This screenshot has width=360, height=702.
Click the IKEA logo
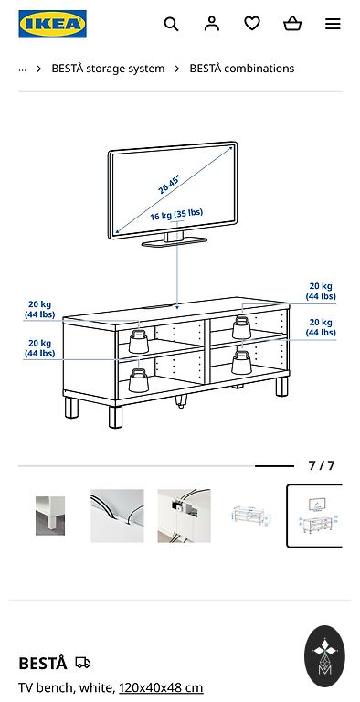coord(52,24)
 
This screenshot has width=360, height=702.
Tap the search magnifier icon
coord(171,24)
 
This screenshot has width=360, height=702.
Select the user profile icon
coord(212,23)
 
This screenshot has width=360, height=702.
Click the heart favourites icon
coord(252,23)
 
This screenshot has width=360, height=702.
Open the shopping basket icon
coord(292,23)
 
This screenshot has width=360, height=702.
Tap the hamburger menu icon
coord(333,24)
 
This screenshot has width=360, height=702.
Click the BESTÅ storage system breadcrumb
coord(108,69)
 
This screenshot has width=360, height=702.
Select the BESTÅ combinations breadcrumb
coord(242,69)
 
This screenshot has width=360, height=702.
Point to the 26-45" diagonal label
coord(169,185)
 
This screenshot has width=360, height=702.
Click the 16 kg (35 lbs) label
coord(176,215)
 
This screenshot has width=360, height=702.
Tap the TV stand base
coord(175,241)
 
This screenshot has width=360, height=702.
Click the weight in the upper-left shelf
coord(138,342)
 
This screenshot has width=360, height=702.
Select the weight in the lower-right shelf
coord(241,363)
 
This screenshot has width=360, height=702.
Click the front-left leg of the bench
coord(115,417)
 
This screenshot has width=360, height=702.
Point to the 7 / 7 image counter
coord(321,465)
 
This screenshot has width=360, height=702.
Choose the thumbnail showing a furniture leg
coord(50,516)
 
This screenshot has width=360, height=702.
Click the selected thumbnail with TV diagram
coord(315,516)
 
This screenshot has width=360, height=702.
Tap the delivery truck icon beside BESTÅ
coord(83,663)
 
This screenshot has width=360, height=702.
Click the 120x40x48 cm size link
coord(161,687)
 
